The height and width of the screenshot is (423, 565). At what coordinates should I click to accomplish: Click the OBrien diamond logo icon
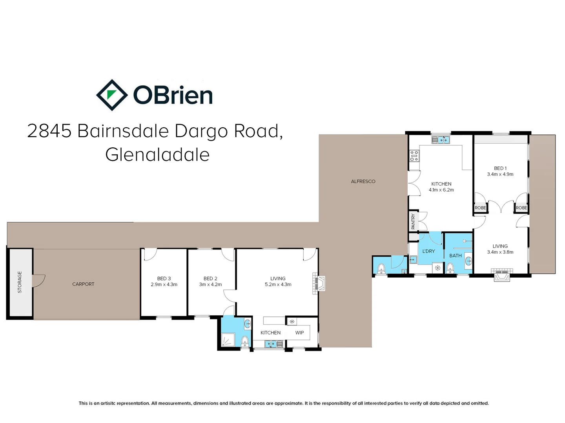(x=112, y=95)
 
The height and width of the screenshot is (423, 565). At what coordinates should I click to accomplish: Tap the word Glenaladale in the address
(x=157, y=155)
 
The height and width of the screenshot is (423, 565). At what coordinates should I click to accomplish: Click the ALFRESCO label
(x=363, y=181)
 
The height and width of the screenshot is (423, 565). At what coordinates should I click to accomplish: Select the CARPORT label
(x=83, y=284)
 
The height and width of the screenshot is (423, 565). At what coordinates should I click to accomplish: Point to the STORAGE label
(x=20, y=282)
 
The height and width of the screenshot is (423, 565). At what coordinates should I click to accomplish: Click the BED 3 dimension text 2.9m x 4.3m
(x=164, y=285)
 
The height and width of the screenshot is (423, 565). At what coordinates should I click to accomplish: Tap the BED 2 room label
(x=210, y=278)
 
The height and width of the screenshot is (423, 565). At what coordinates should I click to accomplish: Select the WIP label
(x=299, y=333)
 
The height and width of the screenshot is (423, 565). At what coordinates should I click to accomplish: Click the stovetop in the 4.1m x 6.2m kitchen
(x=414, y=156)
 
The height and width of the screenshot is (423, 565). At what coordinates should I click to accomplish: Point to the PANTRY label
(x=413, y=222)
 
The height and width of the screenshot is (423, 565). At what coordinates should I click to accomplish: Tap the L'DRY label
(x=428, y=251)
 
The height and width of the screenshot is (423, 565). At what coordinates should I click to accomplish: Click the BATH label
(x=455, y=256)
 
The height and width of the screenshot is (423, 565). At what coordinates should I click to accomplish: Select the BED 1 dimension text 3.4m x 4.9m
(x=500, y=174)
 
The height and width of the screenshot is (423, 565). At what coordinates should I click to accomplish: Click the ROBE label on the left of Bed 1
(x=480, y=208)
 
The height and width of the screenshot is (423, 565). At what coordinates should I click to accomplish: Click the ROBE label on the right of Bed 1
(x=521, y=208)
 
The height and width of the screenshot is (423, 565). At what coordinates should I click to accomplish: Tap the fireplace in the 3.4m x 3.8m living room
(x=502, y=275)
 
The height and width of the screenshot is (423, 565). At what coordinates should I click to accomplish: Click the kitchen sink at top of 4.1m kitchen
(x=441, y=139)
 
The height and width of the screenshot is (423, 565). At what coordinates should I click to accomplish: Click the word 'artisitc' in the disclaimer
(x=108, y=403)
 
